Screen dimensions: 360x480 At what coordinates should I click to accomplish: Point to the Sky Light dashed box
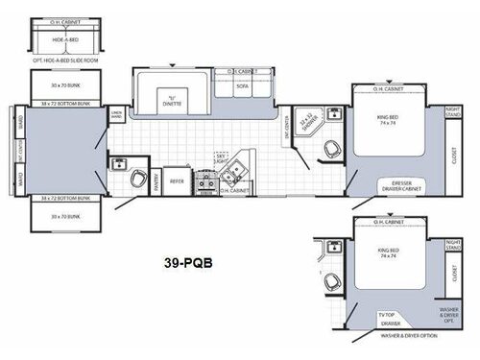coord(224,156)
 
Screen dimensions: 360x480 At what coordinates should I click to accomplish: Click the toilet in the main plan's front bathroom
coord(331,149)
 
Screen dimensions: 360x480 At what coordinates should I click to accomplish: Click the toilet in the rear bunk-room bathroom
coord(138,178)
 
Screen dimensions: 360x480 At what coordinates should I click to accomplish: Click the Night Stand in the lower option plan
coord(453,243)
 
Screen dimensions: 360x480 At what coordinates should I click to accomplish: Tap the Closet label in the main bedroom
coord(453,151)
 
